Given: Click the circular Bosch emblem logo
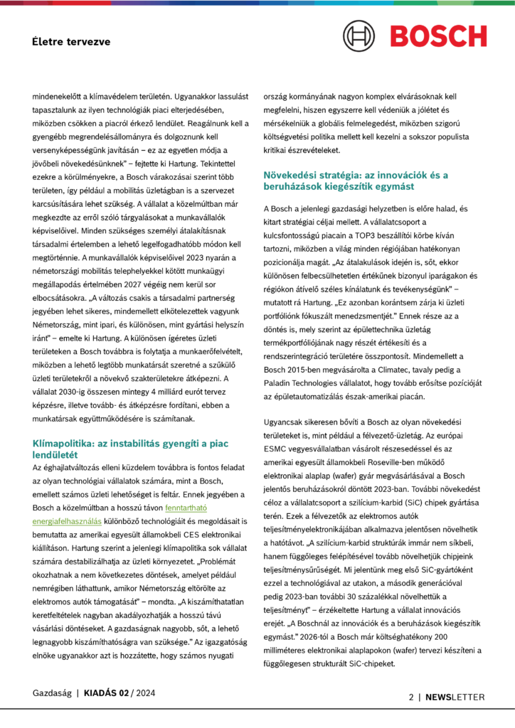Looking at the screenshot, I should [x=359, y=36].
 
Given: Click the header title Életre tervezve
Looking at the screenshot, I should [x=71, y=42].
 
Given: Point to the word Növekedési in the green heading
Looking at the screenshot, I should [x=292, y=174].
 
